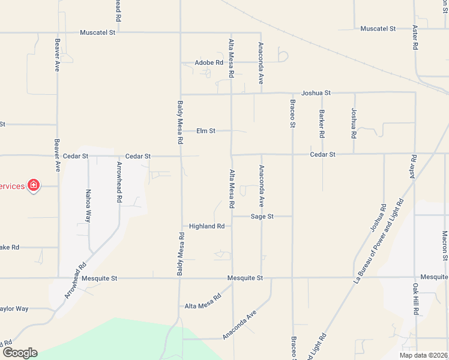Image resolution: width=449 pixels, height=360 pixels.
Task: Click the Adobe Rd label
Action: (x=209, y=62)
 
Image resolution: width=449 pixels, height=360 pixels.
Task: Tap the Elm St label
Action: (x=206, y=131)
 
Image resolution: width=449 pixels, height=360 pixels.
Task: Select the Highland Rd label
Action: (x=206, y=226)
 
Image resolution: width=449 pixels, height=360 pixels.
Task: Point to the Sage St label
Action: (x=262, y=216)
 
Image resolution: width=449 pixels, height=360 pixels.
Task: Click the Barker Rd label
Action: (x=322, y=122)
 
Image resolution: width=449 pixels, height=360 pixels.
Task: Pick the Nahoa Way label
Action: (x=88, y=206)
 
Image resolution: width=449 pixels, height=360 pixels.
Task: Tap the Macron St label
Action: (x=445, y=246)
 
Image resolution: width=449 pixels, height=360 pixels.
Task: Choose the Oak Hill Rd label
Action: (x=415, y=299)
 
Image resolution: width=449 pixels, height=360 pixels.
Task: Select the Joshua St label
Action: (x=316, y=93)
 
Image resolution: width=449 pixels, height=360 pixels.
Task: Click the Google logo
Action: (x=19, y=352)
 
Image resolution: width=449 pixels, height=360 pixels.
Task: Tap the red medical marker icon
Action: (x=34, y=185)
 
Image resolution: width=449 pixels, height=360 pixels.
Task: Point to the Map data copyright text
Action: (x=423, y=355)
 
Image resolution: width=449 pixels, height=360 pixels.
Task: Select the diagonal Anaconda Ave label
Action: (x=240, y=325)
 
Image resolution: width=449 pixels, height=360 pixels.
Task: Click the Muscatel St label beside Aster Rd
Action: (x=378, y=29)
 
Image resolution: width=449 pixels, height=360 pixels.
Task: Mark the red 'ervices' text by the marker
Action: (x=13, y=186)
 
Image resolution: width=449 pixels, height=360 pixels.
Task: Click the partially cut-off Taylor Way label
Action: (x=14, y=308)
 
